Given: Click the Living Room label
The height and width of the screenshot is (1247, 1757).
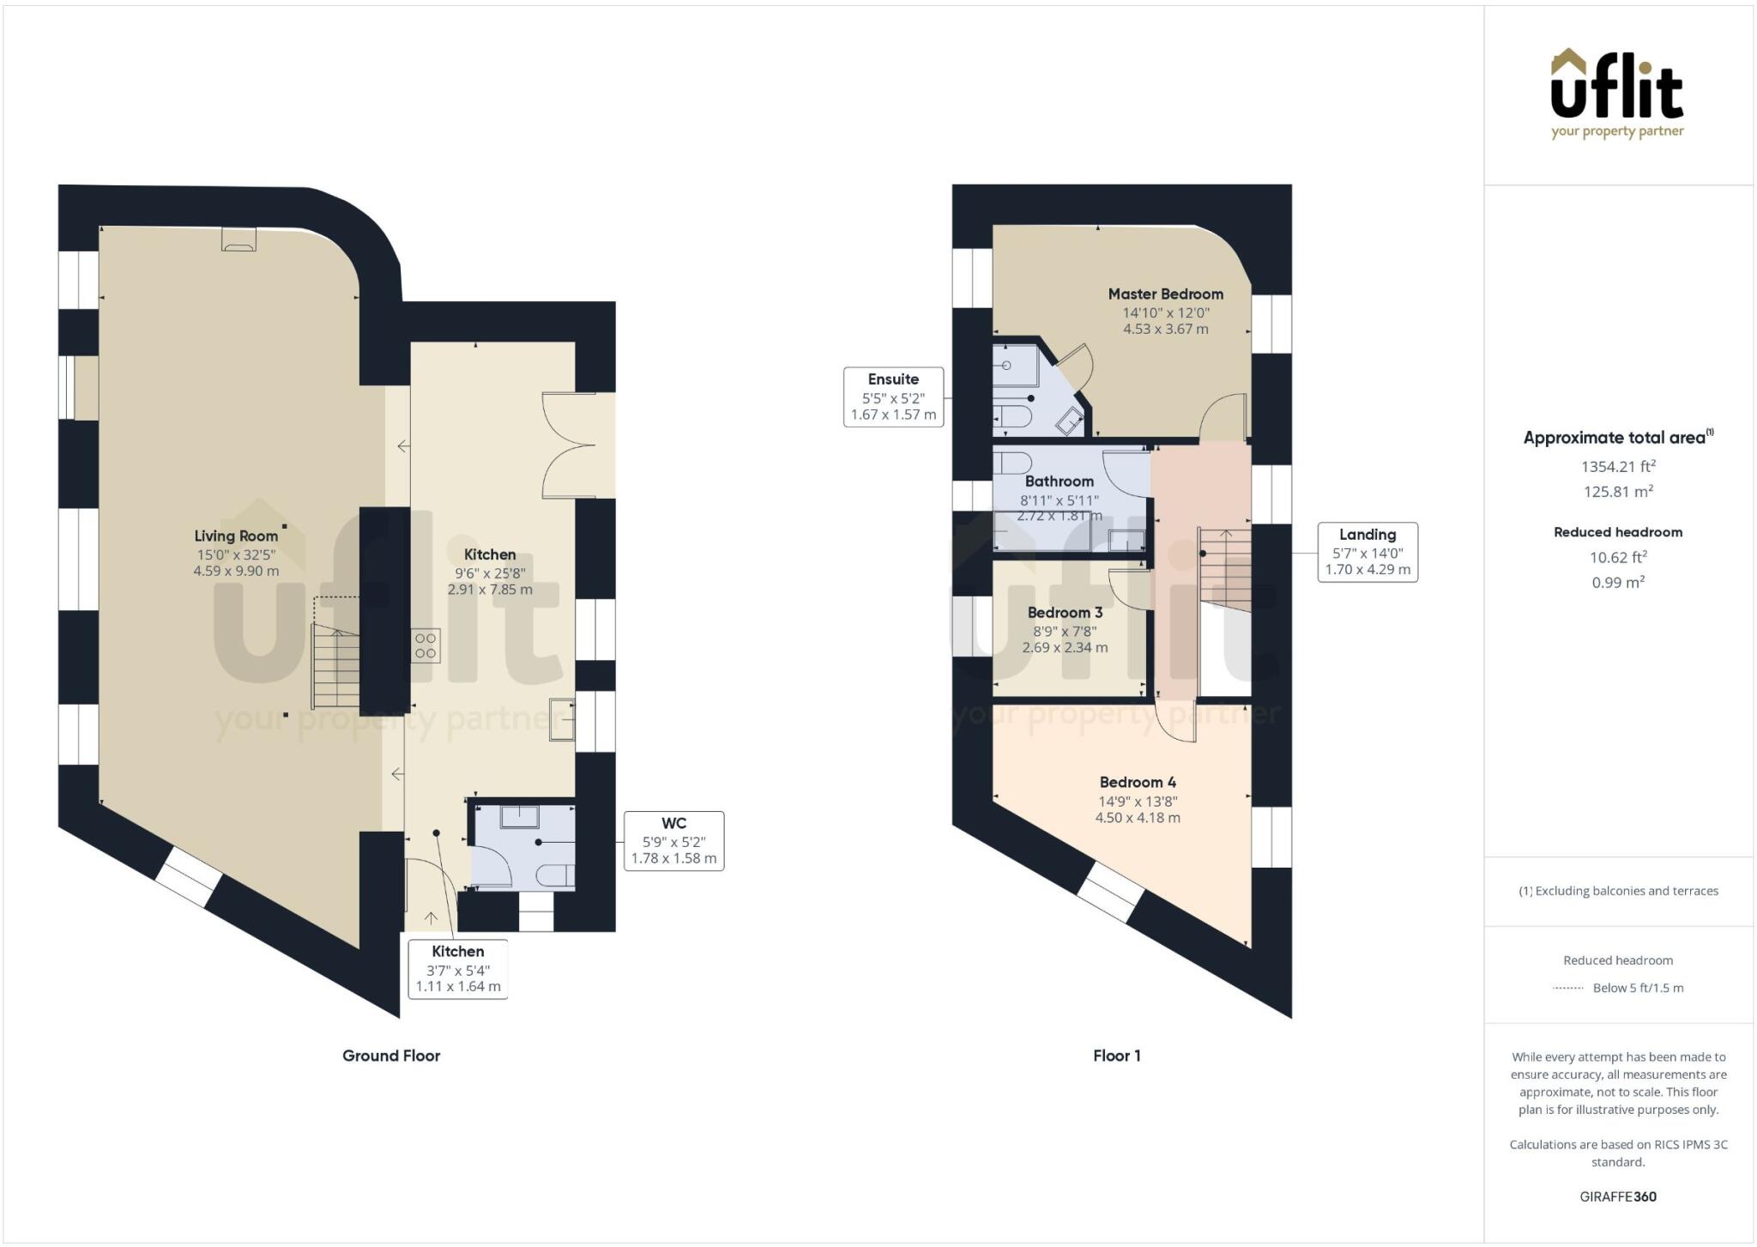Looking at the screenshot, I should pyautogui.click(x=236, y=536).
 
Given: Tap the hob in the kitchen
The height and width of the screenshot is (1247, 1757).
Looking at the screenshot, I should pyautogui.click(x=426, y=645).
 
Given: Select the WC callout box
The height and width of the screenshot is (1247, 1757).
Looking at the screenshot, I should pyautogui.click(x=673, y=840).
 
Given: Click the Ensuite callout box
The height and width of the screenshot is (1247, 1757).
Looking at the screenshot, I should pyautogui.click(x=893, y=396).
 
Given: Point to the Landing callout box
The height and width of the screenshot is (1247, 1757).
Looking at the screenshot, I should pyautogui.click(x=1368, y=552).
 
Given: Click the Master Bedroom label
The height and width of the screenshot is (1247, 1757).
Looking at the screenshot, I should pyautogui.click(x=1165, y=294).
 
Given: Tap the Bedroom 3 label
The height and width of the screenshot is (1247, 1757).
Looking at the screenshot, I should pyautogui.click(x=1065, y=613).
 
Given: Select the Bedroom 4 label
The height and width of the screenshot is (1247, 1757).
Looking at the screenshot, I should pyautogui.click(x=1138, y=783).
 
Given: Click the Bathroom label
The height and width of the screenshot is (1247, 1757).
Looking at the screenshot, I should pyautogui.click(x=1059, y=481).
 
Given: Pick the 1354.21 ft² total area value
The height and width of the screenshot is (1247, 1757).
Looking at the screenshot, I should pyautogui.click(x=1618, y=467).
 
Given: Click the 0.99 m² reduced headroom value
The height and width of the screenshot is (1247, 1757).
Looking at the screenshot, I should pyautogui.click(x=1618, y=582).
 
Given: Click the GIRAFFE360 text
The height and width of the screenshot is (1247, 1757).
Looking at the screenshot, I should pyautogui.click(x=1618, y=1196).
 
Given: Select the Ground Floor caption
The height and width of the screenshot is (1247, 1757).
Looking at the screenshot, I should pyautogui.click(x=391, y=1056).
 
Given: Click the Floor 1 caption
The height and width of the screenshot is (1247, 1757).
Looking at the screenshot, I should pyautogui.click(x=1116, y=1056).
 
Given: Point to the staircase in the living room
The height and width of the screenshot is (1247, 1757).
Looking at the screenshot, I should pyautogui.click(x=335, y=665).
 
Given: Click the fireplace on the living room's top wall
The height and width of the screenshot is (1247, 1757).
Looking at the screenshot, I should pyautogui.click(x=238, y=239).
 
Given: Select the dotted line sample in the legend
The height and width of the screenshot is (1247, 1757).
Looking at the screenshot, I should pyautogui.click(x=1567, y=989).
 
